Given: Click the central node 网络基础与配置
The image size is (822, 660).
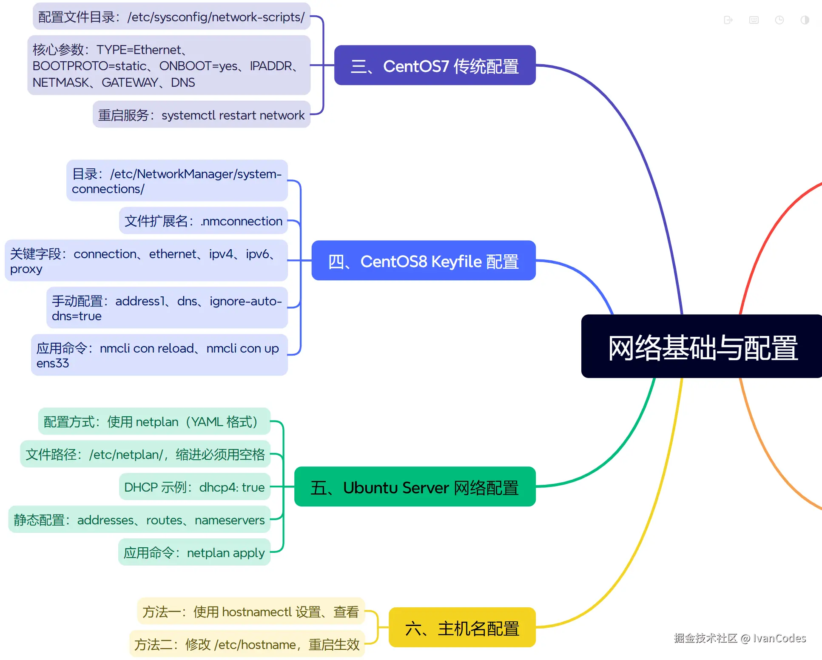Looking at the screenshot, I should [702, 347].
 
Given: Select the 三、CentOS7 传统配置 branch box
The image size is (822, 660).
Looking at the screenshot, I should [435, 65].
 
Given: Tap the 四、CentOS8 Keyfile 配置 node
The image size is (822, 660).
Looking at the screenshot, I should [423, 261].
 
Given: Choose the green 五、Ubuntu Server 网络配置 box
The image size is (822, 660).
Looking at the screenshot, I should [415, 487].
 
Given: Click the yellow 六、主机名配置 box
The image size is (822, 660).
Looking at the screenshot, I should [462, 628].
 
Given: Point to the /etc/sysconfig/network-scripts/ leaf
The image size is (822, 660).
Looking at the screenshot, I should [172, 17].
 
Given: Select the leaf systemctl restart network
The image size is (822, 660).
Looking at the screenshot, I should [202, 115].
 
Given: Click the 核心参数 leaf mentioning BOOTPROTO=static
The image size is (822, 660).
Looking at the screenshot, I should [168, 65].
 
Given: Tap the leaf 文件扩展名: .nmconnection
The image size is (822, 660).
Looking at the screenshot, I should [203, 221].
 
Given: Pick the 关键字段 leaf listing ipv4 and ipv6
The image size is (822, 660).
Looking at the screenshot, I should [146, 261].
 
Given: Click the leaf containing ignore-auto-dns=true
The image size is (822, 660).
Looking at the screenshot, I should [167, 308].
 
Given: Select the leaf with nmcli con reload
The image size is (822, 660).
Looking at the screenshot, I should [159, 355].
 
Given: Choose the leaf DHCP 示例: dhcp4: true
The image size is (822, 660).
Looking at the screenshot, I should [194, 487].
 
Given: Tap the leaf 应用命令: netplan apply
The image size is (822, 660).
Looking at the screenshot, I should [194, 552].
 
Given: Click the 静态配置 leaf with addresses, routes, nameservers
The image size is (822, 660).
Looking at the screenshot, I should [139, 520].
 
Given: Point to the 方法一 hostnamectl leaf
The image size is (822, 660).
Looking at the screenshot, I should [250, 612].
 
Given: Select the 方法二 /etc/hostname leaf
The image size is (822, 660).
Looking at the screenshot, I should [247, 644].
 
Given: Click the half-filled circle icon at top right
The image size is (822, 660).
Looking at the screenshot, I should [805, 20].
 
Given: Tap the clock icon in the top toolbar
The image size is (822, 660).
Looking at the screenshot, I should [779, 20].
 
